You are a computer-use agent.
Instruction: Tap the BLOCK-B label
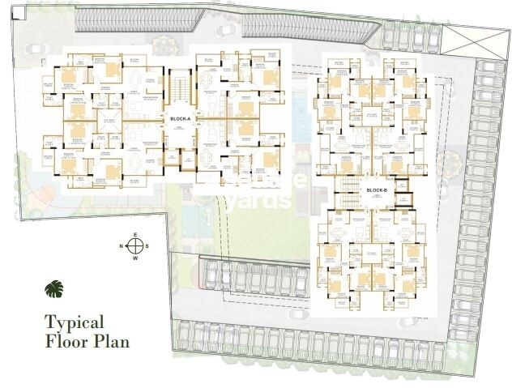[x=377, y=190]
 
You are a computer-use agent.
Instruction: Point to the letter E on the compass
[x=136, y=234]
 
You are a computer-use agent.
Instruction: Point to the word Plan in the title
[x=111, y=340]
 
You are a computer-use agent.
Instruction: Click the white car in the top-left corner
[x=34, y=48]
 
